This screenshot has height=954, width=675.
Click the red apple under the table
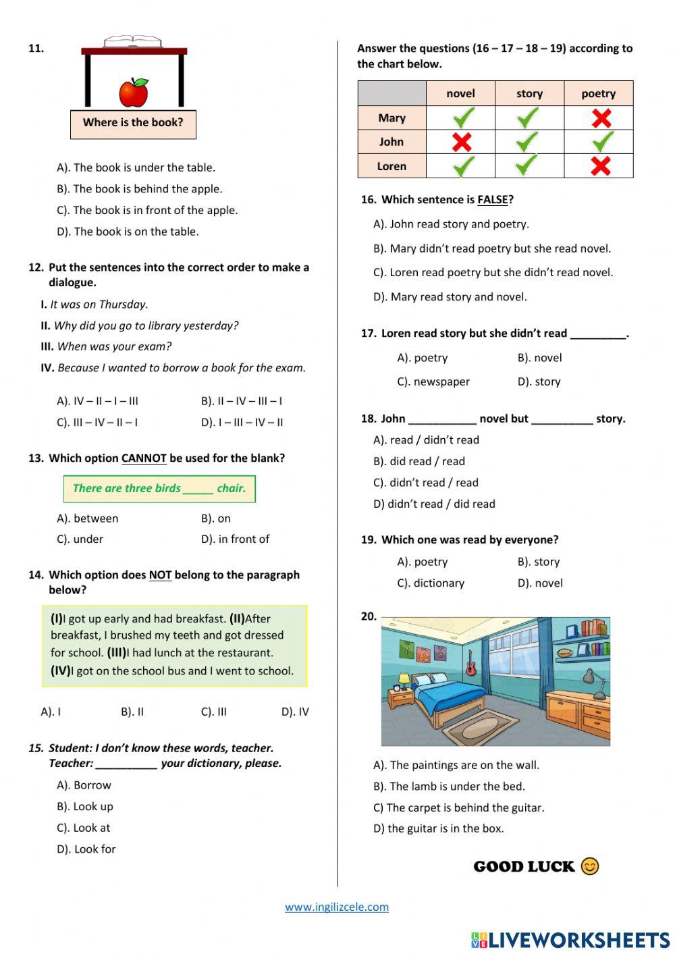[x=134, y=92]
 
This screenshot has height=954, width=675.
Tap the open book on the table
[x=133, y=43]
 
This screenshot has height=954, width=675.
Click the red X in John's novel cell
[x=461, y=142]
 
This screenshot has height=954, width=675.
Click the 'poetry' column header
[x=598, y=94]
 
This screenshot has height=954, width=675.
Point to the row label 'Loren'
[x=391, y=166]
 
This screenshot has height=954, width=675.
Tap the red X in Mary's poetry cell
[x=600, y=118]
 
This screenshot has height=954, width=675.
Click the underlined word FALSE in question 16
[x=492, y=200]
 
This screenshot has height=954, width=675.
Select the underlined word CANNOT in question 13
[x=144, y=458]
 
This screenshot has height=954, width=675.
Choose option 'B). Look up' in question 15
[x=85, y=807]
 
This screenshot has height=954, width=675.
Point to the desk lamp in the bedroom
[x=593, y=682]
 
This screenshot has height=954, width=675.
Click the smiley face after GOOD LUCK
[x=590, y=866]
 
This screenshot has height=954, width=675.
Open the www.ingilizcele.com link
[x=337, y=907]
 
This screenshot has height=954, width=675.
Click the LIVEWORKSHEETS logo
[x=570, y=940]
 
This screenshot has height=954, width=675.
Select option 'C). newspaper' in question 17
[x=433, y=382]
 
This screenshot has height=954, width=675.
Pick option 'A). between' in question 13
[x=88, y=519]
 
